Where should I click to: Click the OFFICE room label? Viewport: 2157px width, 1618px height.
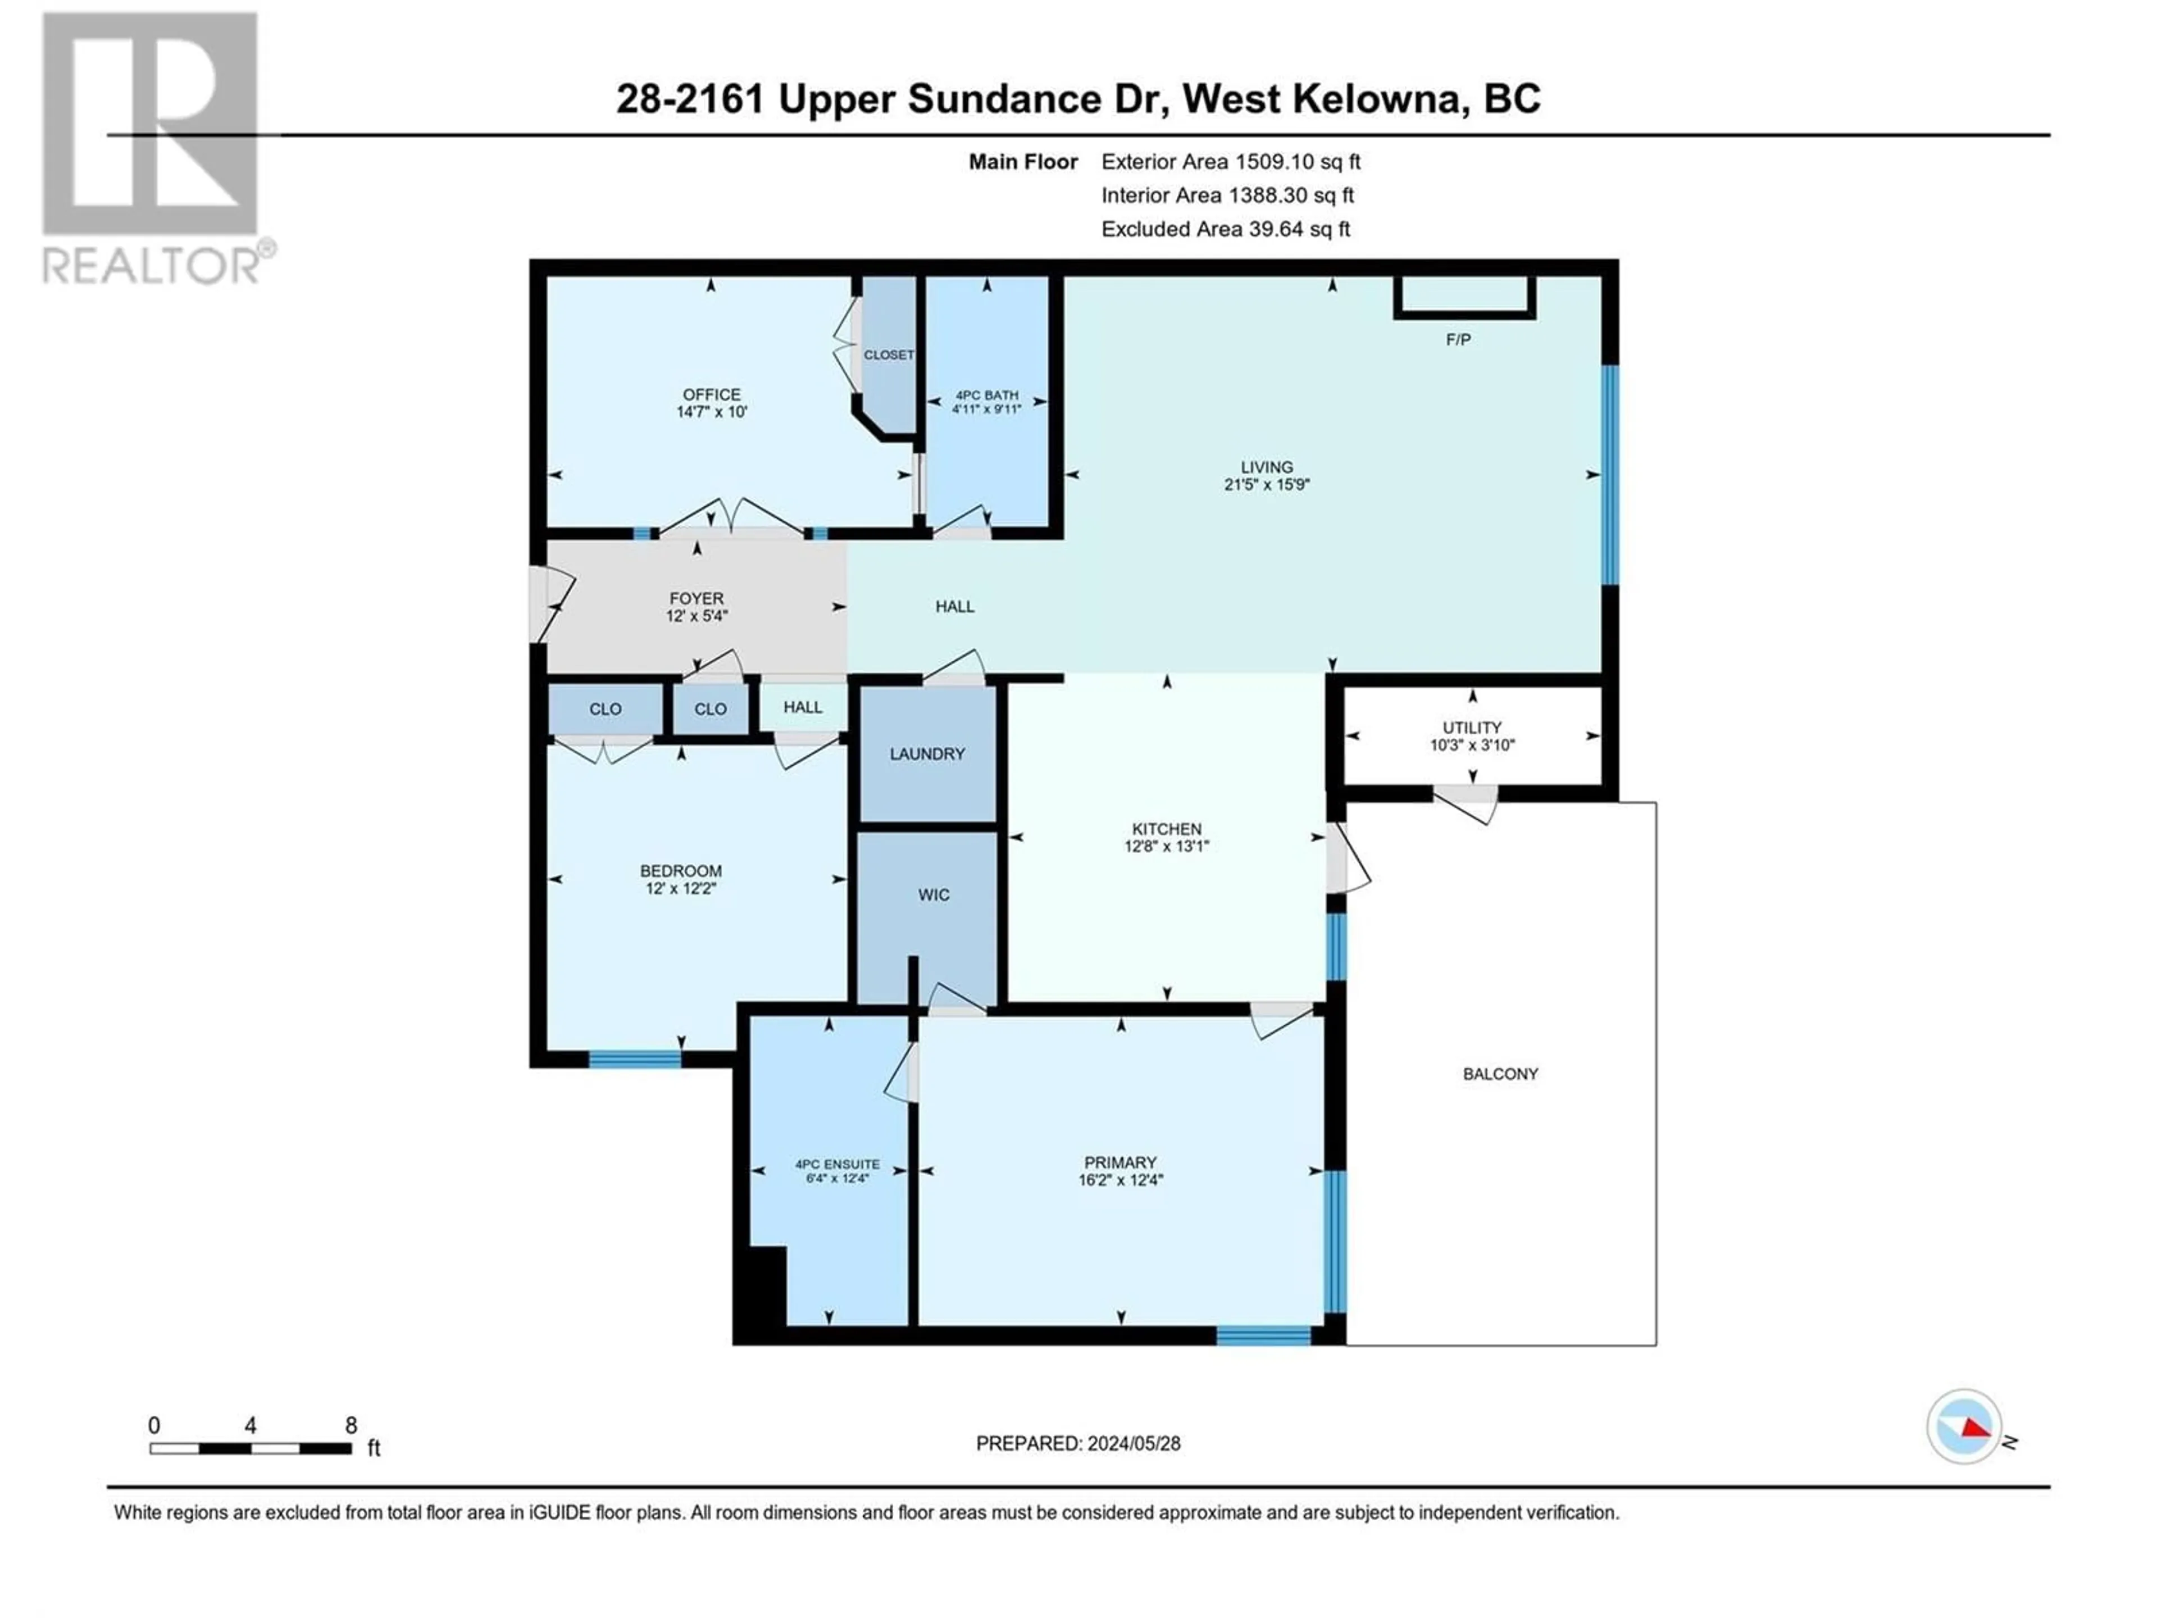click(x=711, y=394)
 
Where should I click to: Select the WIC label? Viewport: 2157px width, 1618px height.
click(x=933, y=894)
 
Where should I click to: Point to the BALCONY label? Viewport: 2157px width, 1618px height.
click(x=1500, y=1074)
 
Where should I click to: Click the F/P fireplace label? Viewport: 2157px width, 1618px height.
click(x=1458, y=339)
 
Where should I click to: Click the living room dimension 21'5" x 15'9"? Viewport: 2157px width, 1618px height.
click(x=1267, y=484)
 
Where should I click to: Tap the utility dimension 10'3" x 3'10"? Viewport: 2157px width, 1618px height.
click(x=1472, y=745)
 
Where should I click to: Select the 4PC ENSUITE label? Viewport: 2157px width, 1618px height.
click(x=838, y=1165)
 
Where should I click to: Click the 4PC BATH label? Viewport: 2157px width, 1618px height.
click(x=987, y=395)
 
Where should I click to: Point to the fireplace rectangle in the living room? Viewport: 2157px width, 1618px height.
click(x=1464, y=297)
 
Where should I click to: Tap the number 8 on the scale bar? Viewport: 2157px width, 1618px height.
click(x=351, y=1425)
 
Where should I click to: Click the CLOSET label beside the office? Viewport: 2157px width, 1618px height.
click(x=888, y=355)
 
